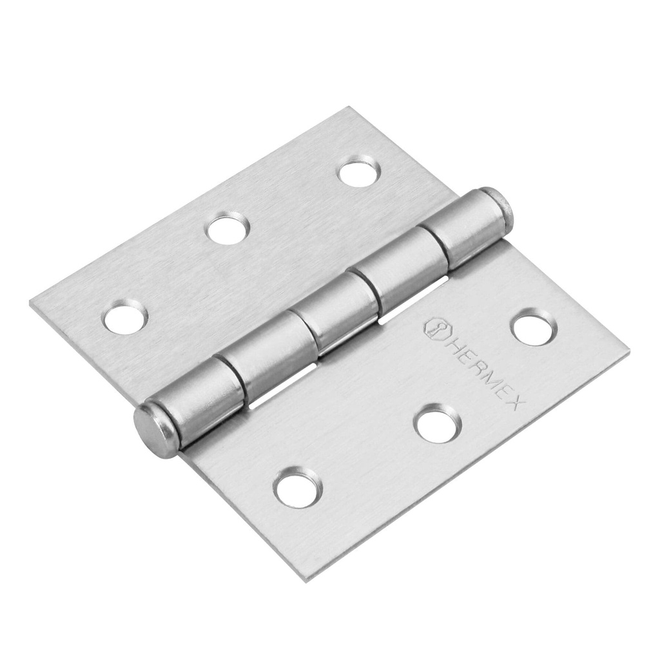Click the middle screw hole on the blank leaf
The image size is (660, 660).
(x=229, y=228)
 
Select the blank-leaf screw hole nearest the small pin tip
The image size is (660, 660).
(x=358, y=171)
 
